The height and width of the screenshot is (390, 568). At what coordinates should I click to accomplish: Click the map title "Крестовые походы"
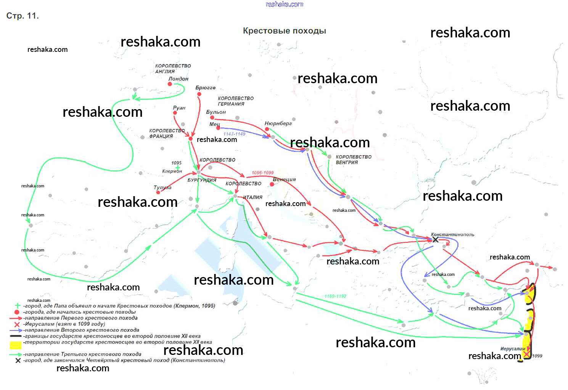click(284, 31)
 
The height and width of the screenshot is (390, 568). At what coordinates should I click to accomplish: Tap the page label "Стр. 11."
click(23, 16)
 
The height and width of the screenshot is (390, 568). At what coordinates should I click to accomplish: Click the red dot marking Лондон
click(170, 84)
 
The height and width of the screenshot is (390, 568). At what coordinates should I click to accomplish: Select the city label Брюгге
click(205, 88)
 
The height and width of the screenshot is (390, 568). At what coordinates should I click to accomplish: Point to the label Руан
click(179, 108)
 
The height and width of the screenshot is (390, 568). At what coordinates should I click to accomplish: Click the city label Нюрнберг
click(278, 123)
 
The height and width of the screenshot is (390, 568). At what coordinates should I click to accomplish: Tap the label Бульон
click(216, 112)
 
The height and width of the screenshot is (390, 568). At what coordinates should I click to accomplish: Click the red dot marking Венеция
click(272, 184)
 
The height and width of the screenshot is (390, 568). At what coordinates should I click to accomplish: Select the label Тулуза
click(163, 187)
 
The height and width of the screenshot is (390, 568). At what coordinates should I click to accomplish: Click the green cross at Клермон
click(178, 168)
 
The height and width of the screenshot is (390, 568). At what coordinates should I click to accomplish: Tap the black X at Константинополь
click(435, 240)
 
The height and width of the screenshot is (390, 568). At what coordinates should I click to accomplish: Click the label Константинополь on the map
click(452, 234)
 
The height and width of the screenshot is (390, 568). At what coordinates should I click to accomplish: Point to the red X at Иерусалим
click(526, 354)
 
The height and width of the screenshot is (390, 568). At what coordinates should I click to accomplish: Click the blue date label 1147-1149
click(234, 134)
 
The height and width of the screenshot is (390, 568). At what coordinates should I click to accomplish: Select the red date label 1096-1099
click(262, 173)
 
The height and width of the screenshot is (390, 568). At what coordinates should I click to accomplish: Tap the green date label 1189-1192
click(335, 296)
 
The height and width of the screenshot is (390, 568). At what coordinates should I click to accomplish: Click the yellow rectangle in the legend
click(15, 345)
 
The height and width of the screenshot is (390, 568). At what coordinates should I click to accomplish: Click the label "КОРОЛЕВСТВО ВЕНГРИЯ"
click(353, 160)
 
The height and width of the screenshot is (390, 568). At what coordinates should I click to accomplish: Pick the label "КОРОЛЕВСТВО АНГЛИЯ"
click(173, 69)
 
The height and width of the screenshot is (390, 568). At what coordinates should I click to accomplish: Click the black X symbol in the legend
click(18, 360)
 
